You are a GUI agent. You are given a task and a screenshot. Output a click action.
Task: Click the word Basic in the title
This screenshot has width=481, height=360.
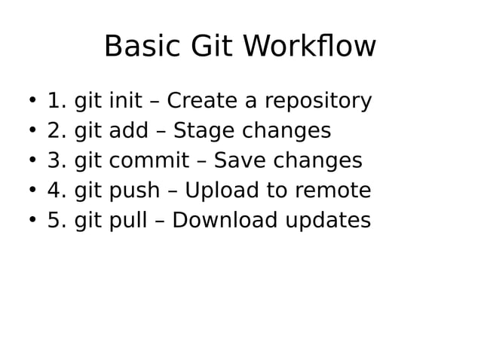(x=142, y=47)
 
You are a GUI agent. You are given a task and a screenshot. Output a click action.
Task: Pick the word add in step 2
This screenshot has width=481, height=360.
(x=128, y=131)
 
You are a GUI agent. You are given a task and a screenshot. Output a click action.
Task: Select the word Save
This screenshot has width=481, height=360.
(x=239, y=161)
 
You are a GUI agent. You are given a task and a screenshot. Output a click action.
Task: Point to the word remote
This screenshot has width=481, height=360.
(x=332, y=191)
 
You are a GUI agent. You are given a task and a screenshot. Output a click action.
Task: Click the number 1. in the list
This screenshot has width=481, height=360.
(x=57, y=101)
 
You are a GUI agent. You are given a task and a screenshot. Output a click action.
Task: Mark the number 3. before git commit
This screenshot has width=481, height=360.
(x=57, y=161)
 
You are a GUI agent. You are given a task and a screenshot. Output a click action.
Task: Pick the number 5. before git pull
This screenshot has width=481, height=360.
(x=57, y=221)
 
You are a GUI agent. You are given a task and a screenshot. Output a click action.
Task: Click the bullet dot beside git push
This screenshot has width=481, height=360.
(x=32, y=191)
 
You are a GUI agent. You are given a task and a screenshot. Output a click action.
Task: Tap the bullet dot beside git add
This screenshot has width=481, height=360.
(x=32, y=131)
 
